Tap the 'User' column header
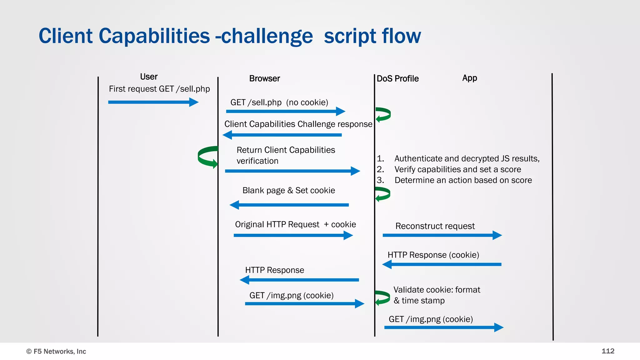point(149,77)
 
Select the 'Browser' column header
point(264,78)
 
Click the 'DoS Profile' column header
point(397,79)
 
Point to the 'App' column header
point(469,78)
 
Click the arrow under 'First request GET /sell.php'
point(153,102)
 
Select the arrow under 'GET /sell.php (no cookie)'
point(285,111)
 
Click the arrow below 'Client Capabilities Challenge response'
point(282,135)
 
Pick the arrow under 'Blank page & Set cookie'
point(289,205)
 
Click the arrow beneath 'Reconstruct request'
point(442,235)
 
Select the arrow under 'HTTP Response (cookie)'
point(442,264)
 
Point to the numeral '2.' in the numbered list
point(380,169)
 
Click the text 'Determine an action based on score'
point(463,180)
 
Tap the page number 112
point(608,351)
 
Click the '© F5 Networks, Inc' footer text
point(56,351)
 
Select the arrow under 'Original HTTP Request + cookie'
point(293,235)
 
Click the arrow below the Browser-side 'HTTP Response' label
point(299,280)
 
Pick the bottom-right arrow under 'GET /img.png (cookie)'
point(444,327)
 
